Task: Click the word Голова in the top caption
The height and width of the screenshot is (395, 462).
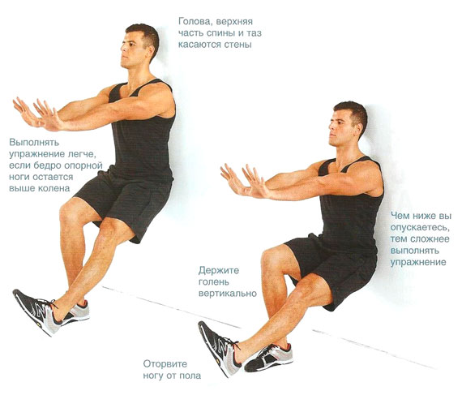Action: point(195,22)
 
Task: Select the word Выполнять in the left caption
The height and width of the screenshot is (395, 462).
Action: point(34,143)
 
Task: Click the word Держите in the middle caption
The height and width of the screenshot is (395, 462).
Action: point(218,271)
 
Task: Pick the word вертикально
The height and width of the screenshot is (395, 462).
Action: point(228,294)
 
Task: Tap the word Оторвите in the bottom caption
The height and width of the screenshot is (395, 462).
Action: point(165,364)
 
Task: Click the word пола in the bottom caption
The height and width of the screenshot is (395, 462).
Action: point(190,376)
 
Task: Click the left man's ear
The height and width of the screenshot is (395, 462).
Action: point(151,49)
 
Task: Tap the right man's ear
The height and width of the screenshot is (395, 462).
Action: point(358,127)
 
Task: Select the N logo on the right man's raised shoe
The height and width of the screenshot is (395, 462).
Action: point(225,347)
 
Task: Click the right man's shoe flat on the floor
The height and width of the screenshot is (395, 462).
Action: point(269,357)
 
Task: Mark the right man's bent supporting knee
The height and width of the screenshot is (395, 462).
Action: point(270,258)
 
